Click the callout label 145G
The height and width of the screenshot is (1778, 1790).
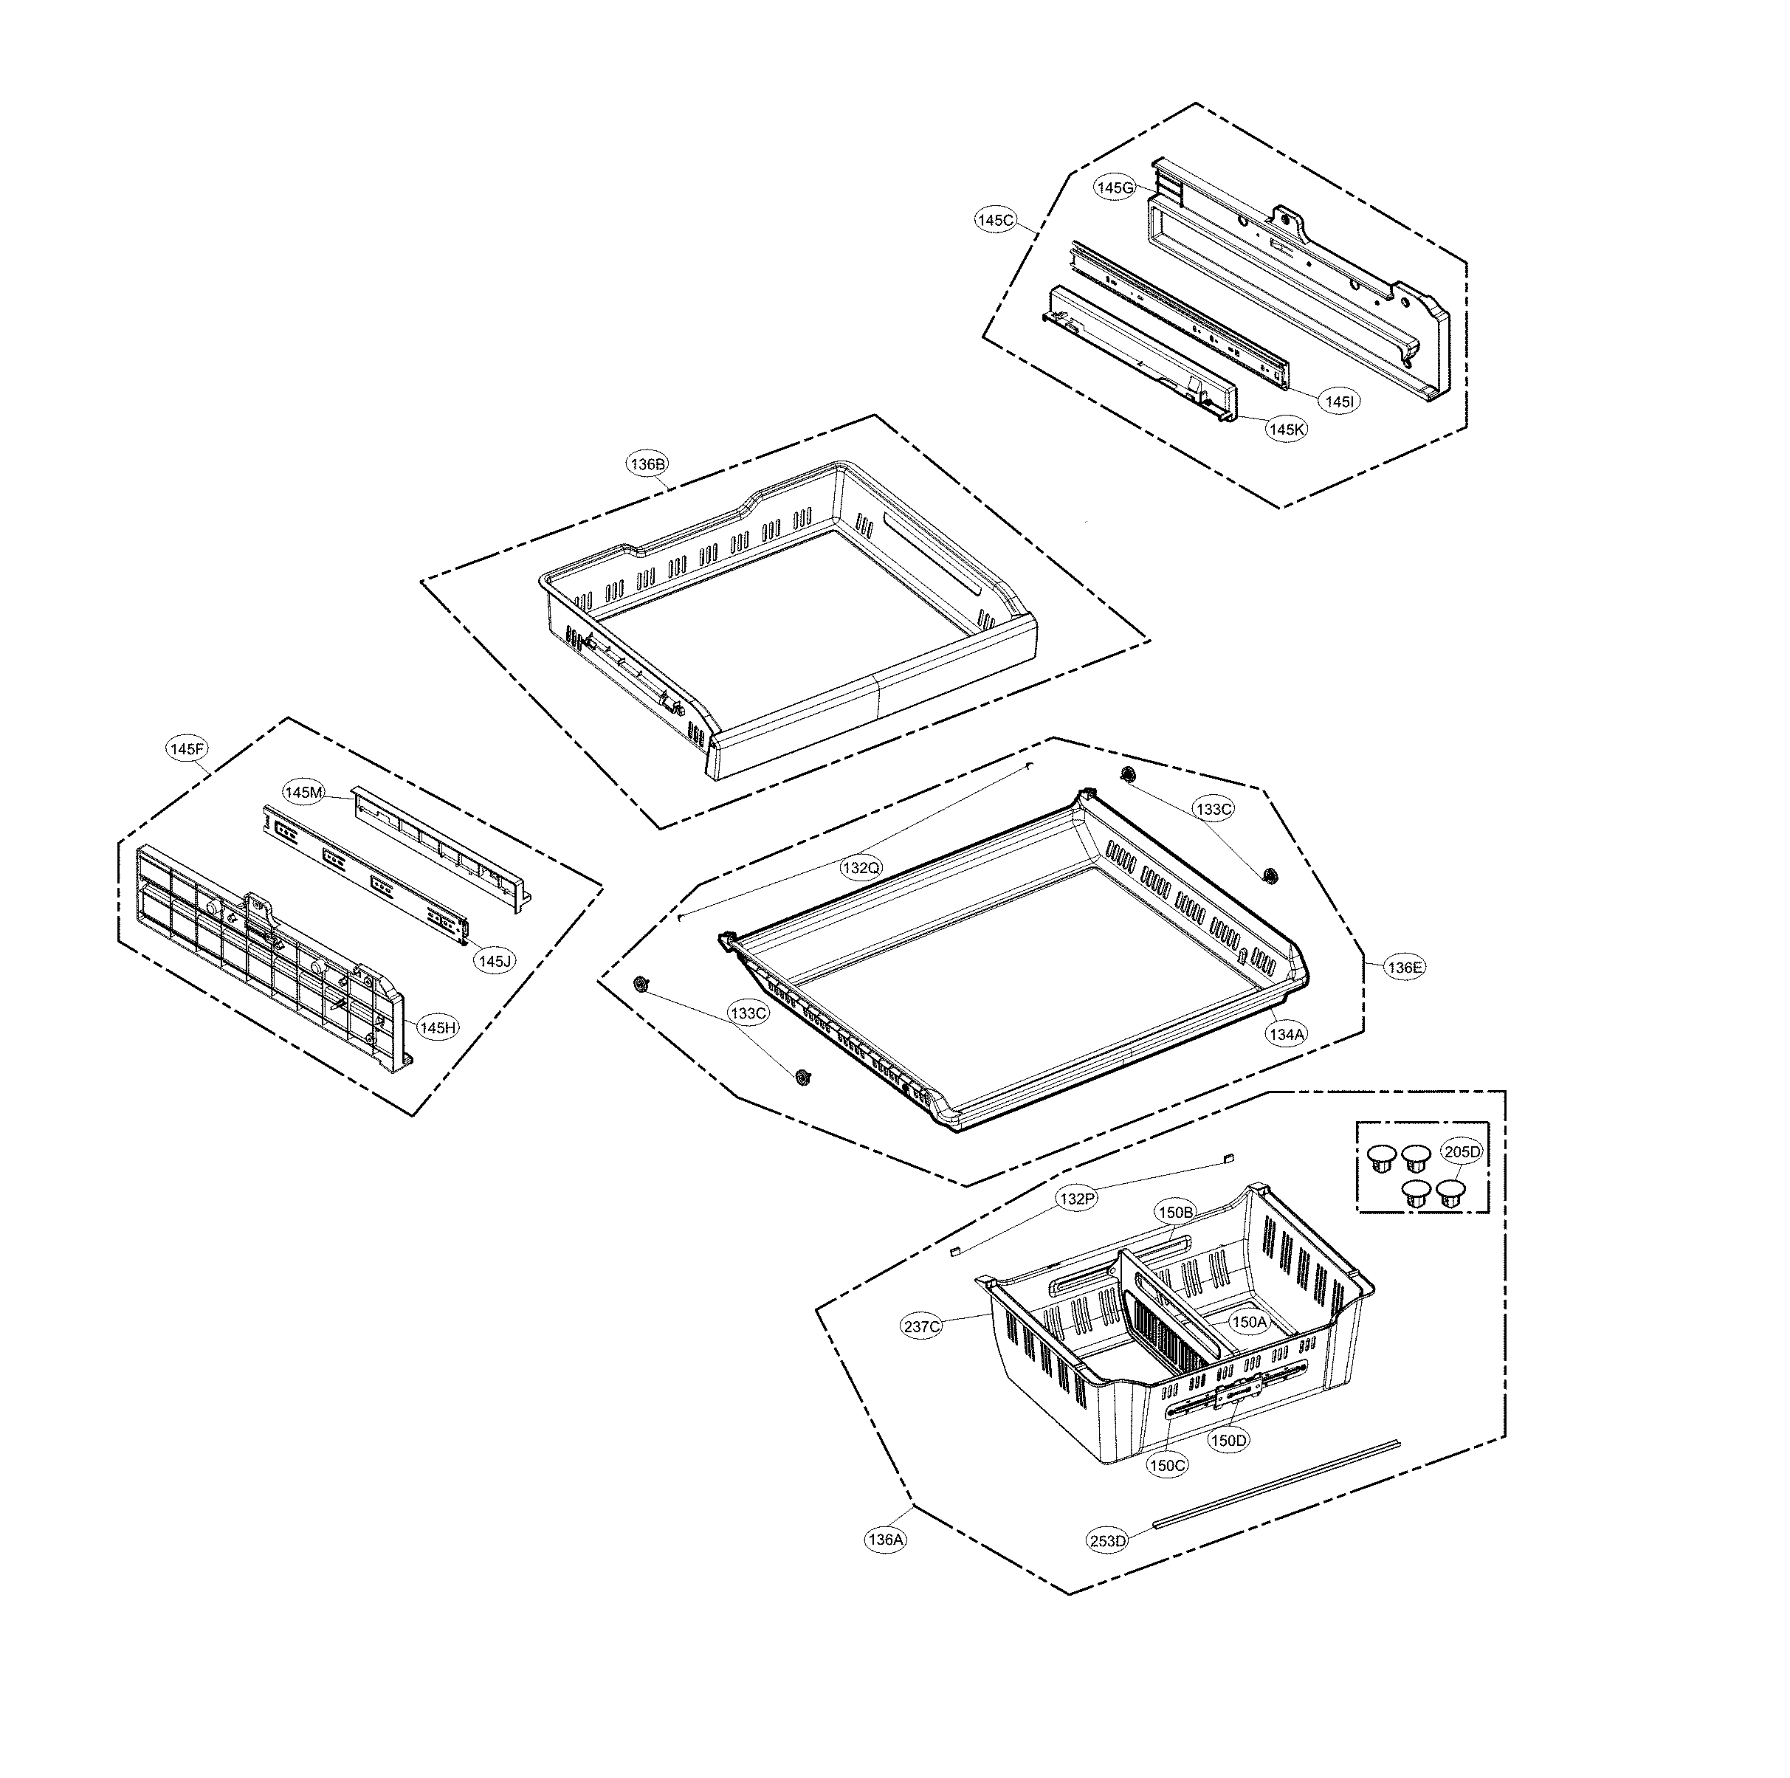[x=1115, y=188]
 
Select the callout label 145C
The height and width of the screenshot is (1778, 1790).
[x=996, y=221]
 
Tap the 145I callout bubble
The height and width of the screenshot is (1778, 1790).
[x=1340, y=402]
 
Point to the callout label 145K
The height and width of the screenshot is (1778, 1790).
[x=1287, y=430]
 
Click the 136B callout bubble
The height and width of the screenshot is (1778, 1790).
[x=647, y=465]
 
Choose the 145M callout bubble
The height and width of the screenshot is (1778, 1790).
[x=304, y=792]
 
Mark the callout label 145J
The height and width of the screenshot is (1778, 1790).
[x=494, y=961]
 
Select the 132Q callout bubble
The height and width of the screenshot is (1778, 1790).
[x=861, y=868]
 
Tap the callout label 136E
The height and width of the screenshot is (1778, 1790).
[x=1405, y=968]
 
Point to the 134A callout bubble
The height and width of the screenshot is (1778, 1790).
[x=1287, y=1035]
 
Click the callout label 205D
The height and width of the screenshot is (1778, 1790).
[x=1463, y=1151]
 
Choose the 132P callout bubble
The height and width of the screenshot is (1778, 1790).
[x=1078, y=1199]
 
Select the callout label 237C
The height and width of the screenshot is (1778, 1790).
[x=922, y=1327]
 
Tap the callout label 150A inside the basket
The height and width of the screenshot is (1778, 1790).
[x=1248, y=1322]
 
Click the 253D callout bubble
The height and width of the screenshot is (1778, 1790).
[x=1108, y=1541]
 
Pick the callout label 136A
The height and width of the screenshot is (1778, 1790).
[x=885, y=1540]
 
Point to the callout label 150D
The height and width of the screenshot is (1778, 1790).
[x=1228, y=1441]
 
